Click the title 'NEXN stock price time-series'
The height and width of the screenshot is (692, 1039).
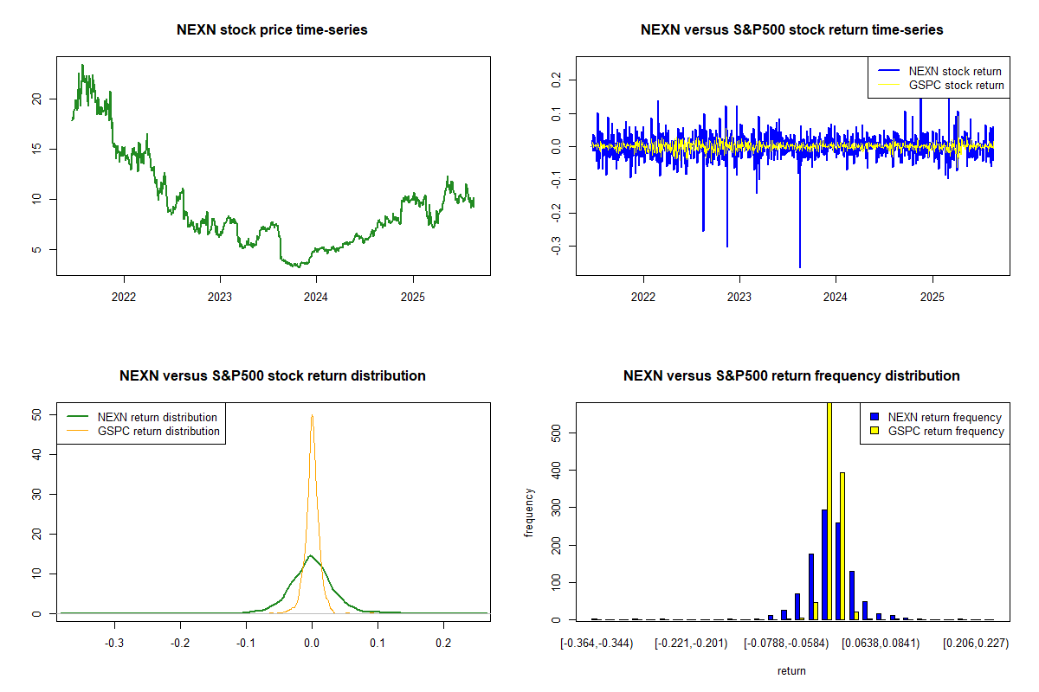coord(272,30)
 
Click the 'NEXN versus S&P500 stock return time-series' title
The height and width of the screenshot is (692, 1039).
coord(791,30)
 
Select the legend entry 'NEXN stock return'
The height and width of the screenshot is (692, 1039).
coord(953,71)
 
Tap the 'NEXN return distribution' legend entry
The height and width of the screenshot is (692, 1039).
coord(158,417)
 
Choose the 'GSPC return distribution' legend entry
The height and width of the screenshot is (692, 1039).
coord(158,431)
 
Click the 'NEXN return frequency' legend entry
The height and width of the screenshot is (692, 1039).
coord(945,417)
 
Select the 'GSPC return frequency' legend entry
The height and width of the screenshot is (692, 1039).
coord(945,431)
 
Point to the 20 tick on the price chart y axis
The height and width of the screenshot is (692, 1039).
coord(36,99)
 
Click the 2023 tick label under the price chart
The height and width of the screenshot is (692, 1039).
coord(220,292)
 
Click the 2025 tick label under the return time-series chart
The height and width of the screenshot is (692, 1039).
coord(933,292)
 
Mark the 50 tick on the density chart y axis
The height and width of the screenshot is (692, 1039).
coord(36,415)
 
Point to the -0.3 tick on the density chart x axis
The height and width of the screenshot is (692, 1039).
coord(114,643)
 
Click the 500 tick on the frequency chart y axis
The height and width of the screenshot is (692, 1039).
coord(556,432)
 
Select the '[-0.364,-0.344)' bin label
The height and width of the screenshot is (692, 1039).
coord(597,643)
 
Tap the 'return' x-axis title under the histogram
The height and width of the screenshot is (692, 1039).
coord(791,670)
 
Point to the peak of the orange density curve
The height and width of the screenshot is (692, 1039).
coord(312,416)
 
